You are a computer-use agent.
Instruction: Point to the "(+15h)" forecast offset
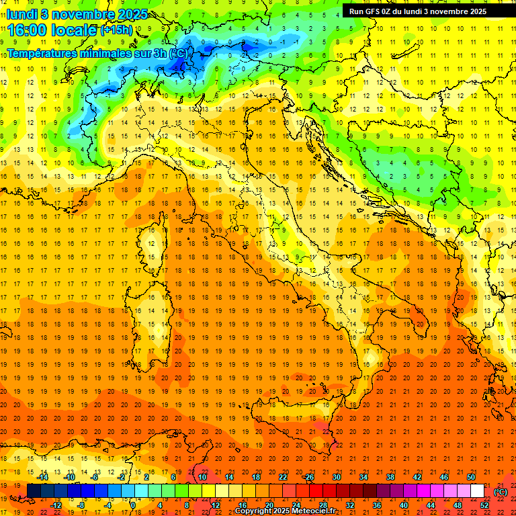116,30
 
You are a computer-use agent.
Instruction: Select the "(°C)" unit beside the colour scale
501,492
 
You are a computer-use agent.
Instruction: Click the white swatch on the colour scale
477,491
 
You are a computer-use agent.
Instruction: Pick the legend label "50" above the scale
471,477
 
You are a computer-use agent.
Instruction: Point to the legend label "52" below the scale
484,505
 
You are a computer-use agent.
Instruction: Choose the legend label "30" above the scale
336,477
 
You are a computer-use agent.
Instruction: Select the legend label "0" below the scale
133,505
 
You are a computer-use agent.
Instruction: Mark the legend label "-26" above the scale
308,477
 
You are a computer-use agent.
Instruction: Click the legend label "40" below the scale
403,505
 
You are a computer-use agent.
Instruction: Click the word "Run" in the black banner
357,11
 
